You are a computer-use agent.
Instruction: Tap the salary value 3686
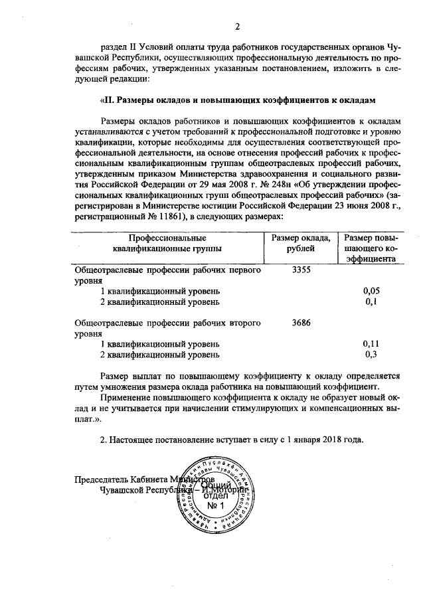pos(301,323)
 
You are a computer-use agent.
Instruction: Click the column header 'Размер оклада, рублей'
pos(301,243)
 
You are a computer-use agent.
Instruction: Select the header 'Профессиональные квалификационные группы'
pos(167,243)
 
